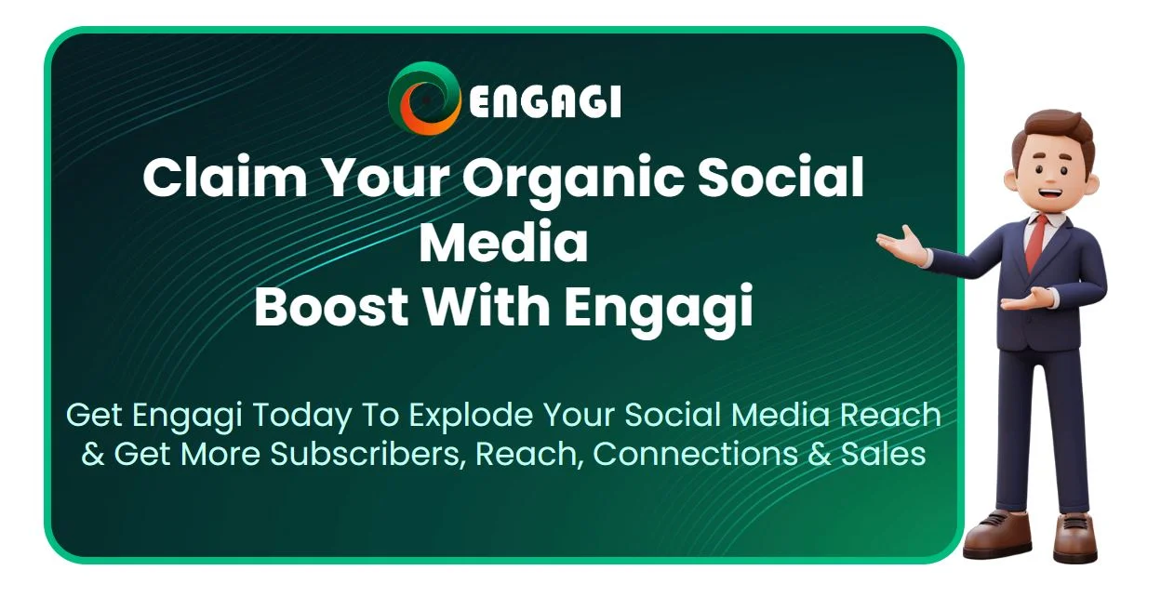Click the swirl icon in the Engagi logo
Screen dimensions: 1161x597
424,99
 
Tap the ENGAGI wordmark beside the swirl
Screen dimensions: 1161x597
545,101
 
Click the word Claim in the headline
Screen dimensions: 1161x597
225,177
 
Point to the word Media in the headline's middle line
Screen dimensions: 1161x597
503,242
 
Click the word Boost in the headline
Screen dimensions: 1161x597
331,306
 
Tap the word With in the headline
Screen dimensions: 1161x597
487,306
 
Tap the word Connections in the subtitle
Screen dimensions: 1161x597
695,454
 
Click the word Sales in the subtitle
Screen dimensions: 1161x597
883,454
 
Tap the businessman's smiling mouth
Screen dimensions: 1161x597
1050,194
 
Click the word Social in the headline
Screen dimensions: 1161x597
780,177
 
